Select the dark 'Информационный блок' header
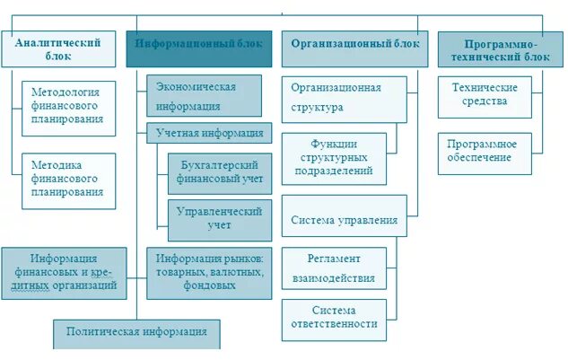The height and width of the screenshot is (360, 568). click(198, 48)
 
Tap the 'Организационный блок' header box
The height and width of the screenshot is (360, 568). click(354, 48)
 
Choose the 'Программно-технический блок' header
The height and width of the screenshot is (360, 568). click(501, 49)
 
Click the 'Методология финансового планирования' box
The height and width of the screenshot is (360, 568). click(68, 105)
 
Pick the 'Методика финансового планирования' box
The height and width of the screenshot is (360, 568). click(68, 179)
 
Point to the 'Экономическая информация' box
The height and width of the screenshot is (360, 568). click(204, 95)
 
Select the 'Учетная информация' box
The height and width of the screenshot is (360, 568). click(209, 134)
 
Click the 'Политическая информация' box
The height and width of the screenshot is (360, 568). click(136, 332)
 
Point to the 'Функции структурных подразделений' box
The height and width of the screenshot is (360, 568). click(334, 157)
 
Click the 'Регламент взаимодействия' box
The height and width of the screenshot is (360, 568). click(334, 268)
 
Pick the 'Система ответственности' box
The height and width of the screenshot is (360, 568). click(334, 316)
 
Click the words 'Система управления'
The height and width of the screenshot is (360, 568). click(345, 220)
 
